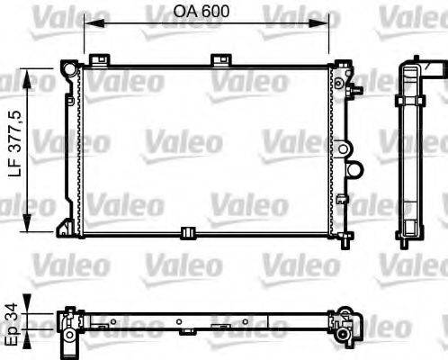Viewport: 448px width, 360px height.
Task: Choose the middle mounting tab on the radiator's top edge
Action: (x=220, y=60)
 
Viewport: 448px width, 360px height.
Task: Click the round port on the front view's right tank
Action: (x=354, y=168)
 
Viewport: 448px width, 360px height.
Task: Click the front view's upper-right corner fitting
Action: (x=342, y=69)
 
